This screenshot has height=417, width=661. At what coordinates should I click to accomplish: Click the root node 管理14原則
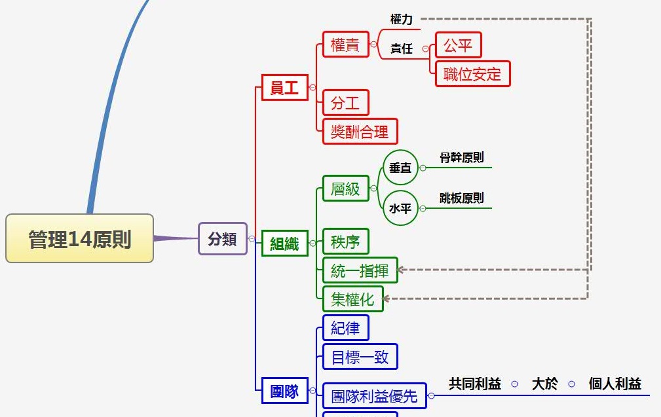79,238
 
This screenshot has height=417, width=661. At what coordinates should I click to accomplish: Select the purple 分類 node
223,239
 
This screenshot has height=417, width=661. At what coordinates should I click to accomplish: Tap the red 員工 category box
284,87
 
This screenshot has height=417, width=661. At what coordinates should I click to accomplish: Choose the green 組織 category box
284,244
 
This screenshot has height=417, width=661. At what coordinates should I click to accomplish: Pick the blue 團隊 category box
284,391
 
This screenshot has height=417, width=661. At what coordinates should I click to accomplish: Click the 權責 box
345,45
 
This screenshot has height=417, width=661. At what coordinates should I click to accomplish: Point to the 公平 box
458,46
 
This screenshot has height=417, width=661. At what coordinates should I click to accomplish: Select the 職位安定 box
472,74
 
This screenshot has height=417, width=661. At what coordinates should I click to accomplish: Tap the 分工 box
345,103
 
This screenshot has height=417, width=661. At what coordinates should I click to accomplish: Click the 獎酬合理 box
360,132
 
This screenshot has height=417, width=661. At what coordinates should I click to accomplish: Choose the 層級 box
345,189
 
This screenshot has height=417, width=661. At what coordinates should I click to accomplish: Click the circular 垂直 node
400,168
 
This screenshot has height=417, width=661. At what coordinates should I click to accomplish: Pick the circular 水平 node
400,208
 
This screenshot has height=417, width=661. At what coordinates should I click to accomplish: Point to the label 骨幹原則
462,158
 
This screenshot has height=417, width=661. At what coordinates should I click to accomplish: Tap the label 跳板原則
462,198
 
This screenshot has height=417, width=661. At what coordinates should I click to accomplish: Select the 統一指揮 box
360,270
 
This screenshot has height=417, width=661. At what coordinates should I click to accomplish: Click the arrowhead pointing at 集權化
387,299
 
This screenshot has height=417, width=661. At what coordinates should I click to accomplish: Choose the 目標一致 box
360,357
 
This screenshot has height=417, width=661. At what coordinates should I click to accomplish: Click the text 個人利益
614,384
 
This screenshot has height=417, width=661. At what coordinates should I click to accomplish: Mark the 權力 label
402,20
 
